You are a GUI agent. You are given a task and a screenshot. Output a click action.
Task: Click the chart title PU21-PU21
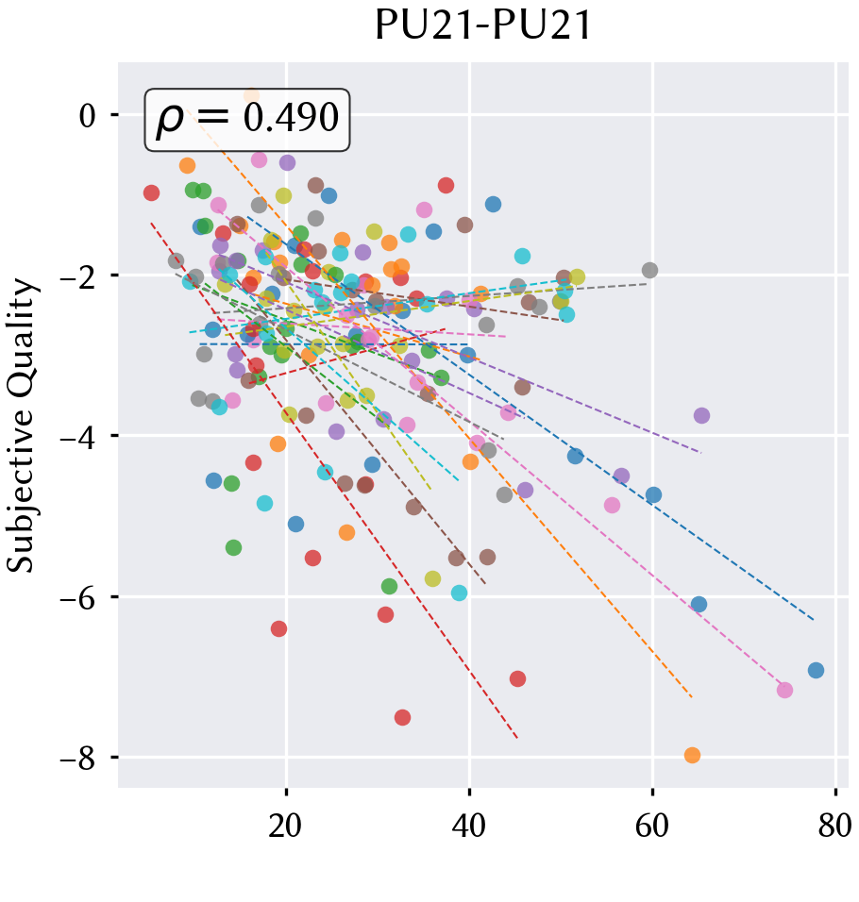click(x=482, y=25)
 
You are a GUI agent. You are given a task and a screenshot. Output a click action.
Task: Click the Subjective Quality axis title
click(x=21, y=426)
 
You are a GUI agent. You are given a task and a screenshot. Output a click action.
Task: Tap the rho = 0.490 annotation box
click(x=246, y=120)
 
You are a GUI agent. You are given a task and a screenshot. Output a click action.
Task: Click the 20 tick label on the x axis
click(x=285, y=827)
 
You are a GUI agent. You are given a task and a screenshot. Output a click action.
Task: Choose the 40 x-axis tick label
click(x=469, y=827)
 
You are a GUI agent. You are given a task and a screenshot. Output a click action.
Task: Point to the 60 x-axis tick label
click(x=652, y=827)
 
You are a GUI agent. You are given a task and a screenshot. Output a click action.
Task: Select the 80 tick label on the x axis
click(x=834, y=827)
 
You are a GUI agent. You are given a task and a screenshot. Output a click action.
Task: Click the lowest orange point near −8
click(x=692, y=756)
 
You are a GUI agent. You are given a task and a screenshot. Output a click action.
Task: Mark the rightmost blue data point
click(x=816, y=670)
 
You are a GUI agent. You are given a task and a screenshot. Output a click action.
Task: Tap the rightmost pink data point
click(x=784, y=691)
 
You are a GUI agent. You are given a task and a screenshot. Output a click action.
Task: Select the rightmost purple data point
click(x=701, y=415)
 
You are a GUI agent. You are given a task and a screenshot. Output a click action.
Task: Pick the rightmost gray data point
click(x=649, y=270)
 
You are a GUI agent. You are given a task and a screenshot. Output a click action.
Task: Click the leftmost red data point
click(x=151, y=192)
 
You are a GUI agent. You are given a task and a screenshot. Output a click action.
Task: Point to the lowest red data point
click(x=402, y=717)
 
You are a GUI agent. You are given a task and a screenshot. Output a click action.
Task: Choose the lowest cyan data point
click(x=459, y=593)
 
